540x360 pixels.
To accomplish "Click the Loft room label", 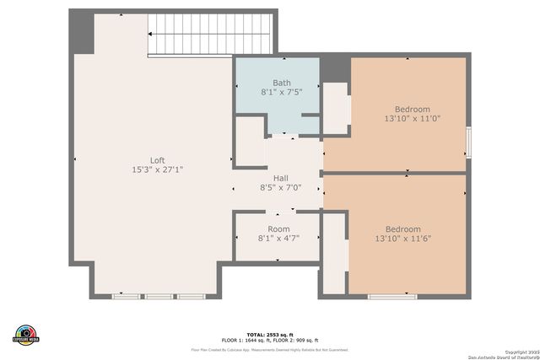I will [157, 160].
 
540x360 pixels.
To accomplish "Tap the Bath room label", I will [281, 83].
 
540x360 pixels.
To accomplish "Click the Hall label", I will [278, 179].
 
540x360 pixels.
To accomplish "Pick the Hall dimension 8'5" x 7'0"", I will [278, 188].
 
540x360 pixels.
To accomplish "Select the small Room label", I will [278, 229].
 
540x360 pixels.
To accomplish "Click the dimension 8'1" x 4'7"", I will [278, 239].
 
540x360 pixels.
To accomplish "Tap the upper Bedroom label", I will [412, 110].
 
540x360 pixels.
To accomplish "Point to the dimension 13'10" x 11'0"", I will [412, 119].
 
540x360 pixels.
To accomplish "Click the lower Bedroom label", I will [402, 229].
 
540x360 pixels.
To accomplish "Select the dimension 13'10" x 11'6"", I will [402, 239].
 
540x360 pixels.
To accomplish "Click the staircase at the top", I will [211, 34].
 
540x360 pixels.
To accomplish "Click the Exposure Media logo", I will [26, 334].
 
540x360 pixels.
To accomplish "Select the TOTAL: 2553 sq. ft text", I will [269, 334].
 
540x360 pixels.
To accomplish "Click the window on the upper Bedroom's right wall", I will [469, 141].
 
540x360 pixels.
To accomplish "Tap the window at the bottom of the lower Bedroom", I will [392, 296].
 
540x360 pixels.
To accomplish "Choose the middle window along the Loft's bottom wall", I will [158, 296].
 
